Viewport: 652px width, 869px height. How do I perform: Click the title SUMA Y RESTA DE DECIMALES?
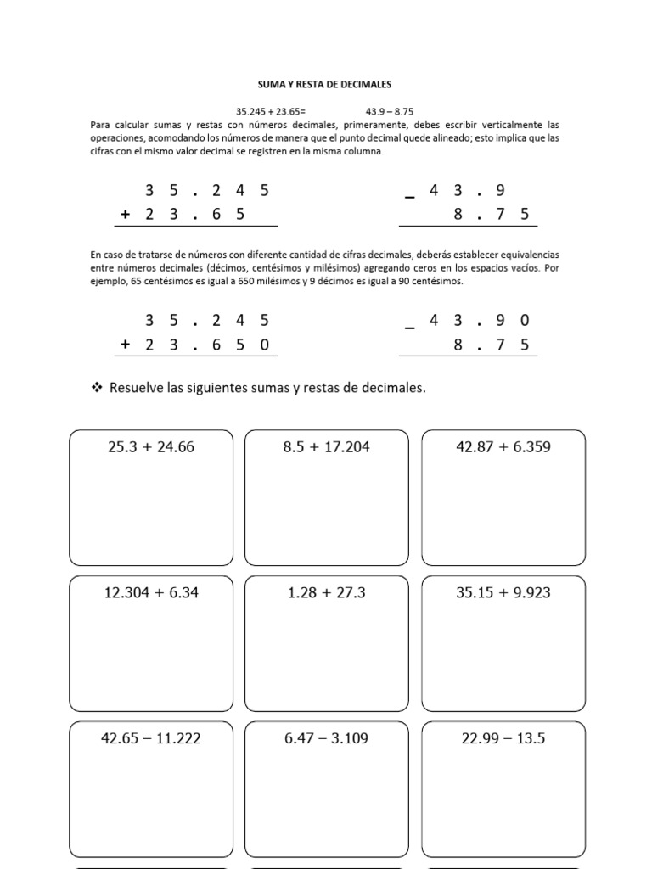[325, 85]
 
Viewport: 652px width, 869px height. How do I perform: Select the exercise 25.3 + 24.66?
[151, 446]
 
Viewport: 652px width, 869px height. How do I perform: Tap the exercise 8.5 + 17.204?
[327, 446]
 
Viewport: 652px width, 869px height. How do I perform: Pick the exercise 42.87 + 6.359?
[503, 446]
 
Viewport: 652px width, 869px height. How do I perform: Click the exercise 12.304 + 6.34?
[151, 592]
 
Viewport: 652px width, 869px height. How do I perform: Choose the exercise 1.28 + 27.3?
[327, 592]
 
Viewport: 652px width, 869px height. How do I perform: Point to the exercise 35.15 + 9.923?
[503, 592]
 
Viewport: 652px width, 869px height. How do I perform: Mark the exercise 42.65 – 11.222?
[151, 738]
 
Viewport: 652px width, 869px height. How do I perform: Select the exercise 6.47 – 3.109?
[327, 738]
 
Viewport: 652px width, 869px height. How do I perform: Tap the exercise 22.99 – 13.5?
[503, 738]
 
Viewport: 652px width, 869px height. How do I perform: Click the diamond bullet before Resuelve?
[96, 388]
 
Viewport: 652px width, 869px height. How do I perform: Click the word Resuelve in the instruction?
[137, 388]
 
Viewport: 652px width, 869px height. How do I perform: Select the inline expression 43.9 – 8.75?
[389, 111]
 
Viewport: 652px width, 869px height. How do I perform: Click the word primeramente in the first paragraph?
[373, 124]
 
